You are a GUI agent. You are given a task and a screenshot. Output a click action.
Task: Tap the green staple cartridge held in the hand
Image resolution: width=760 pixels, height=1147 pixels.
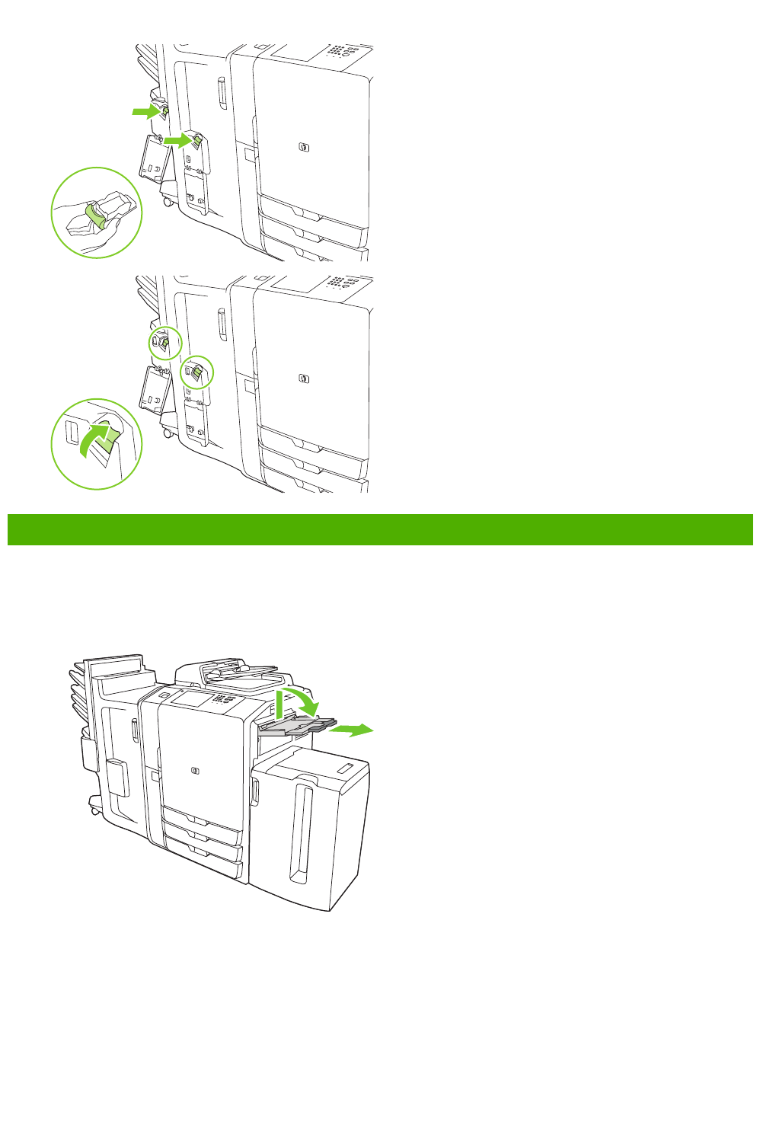tap(97, 214)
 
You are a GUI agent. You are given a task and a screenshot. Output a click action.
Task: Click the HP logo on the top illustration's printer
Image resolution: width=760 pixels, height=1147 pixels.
tap(304, 146)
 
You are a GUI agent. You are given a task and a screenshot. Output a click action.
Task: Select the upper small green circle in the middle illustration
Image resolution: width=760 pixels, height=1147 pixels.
tap(164, 343)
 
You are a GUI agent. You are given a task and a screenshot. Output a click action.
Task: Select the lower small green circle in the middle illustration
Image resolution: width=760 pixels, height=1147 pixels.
tap(196, 372)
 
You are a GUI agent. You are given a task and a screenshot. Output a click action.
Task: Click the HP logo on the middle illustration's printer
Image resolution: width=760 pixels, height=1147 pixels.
tap(304, 378)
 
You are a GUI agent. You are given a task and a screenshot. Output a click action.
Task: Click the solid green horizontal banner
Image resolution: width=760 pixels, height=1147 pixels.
tap(380, 529)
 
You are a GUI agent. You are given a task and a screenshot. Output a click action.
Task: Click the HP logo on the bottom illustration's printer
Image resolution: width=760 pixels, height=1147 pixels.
tap(196, 770)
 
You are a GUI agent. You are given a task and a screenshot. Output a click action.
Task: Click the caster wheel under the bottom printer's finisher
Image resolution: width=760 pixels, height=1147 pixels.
tap(95, 810)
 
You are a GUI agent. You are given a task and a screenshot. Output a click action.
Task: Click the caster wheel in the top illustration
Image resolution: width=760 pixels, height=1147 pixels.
tap(166, 202)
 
